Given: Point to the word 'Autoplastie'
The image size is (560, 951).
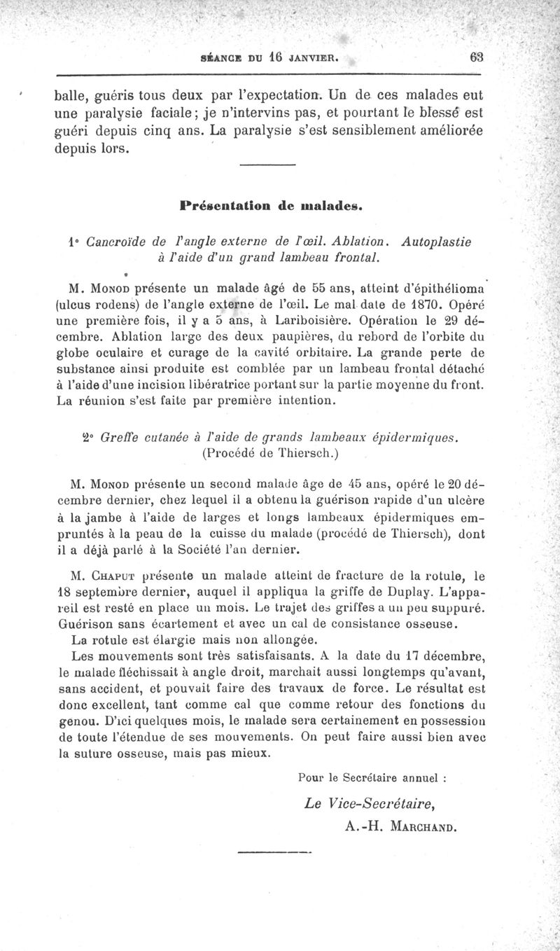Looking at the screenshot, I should tap(437, 242).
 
